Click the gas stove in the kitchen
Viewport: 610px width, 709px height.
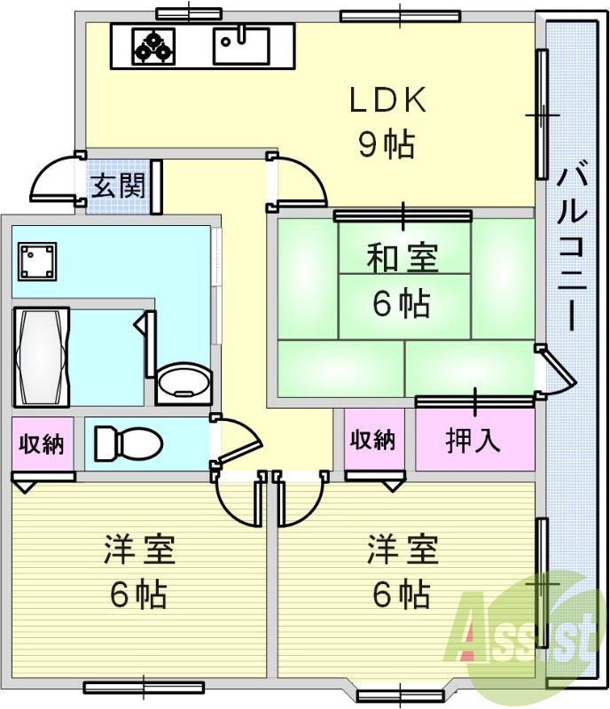pos(153,46)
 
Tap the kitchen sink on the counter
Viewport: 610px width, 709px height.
pos(240,45)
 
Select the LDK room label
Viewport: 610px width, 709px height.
pos(387,101)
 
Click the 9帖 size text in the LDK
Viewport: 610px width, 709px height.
pos(387,144)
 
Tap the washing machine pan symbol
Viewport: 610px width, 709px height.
pos(37,261)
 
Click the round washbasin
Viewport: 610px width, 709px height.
pos(183,382)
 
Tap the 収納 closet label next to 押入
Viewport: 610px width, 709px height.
pos(372,440)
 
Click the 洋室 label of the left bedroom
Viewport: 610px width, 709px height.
pos(139,549)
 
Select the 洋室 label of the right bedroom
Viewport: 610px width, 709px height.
pos(403,549)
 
